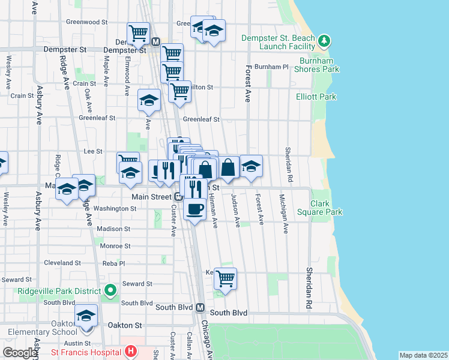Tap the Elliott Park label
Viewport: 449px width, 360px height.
[316, 96]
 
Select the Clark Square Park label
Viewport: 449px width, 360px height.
[319, 208]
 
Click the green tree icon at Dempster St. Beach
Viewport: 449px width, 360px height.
[325, 41]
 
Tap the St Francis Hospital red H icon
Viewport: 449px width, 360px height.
[131, 351]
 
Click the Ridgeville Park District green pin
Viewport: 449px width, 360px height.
[110, 291]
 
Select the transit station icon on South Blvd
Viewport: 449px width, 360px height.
[200, 307]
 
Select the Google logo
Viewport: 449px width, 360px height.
[20, 353]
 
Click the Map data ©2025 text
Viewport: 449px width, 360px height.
[423, 355]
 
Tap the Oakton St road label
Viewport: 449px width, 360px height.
[124, 325]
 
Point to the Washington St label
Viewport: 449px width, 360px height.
[115, 208]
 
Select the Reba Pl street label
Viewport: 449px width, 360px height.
[113, 263]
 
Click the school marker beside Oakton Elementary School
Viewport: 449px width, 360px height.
[86, 316]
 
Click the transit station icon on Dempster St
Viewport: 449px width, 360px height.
[155, 42]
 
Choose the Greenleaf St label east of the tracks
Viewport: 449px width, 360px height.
[202, 119]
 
